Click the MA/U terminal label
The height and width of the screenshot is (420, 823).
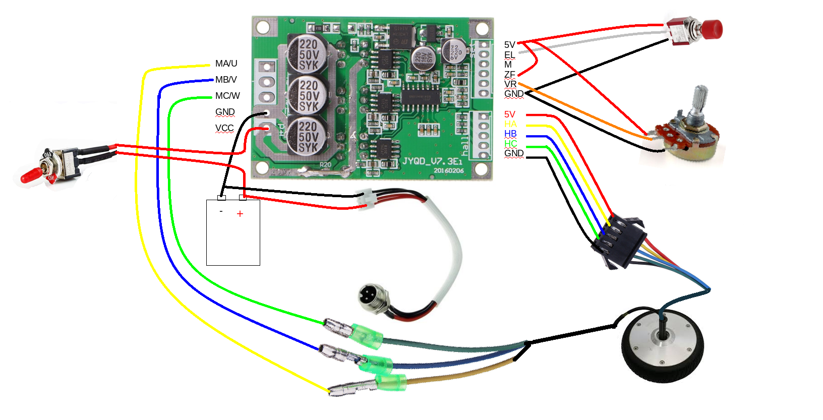tap(226, 64)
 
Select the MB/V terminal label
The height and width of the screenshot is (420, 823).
tap(225, 80)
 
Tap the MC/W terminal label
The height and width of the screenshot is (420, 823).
tap(227, 96)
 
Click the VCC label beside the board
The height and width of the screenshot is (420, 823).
tap(224, 128)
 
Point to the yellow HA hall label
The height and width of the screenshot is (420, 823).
tap(510, 124)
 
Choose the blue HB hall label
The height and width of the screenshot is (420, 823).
tap(510, 134)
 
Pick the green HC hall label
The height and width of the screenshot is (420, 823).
tap(510, 144)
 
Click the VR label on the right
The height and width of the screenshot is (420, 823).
tap(510, 84)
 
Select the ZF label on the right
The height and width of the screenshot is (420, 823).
tap(509, 75)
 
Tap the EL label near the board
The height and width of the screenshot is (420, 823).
tap(509, 54)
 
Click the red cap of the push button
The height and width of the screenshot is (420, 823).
tap(712, 29)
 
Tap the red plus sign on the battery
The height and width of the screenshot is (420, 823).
tap(240, 214)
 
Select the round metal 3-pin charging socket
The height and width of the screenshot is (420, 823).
tap(372, 297)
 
